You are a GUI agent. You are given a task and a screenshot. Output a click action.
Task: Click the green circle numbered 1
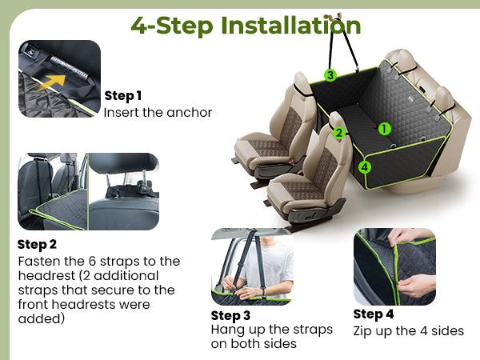[385, 129]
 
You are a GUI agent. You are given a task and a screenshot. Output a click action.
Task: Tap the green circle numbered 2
[339, 133]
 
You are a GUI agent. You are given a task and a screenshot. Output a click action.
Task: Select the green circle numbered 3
[330, 75]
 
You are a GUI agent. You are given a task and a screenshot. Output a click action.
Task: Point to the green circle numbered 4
[364, 167]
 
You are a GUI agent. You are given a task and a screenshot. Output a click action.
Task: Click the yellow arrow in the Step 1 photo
[53, 82]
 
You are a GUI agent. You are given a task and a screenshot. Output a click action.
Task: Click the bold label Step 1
[123, 96]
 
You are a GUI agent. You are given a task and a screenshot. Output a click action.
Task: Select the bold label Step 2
[37, 244]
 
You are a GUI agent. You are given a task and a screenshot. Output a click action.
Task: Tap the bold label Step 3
[230, 316]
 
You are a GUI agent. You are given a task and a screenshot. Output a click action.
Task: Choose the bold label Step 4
[374, 314]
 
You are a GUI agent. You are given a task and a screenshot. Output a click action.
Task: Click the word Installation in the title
[291, 26]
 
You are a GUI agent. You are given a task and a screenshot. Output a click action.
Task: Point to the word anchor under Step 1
[189, 112]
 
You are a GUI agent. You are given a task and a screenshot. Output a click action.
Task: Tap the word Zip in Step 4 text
[362, 331]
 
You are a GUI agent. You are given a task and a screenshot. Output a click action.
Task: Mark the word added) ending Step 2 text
[42, 318]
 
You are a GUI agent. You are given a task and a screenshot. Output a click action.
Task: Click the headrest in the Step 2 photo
[124, 163]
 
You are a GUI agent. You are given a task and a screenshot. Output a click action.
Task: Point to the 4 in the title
[140, 26]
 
